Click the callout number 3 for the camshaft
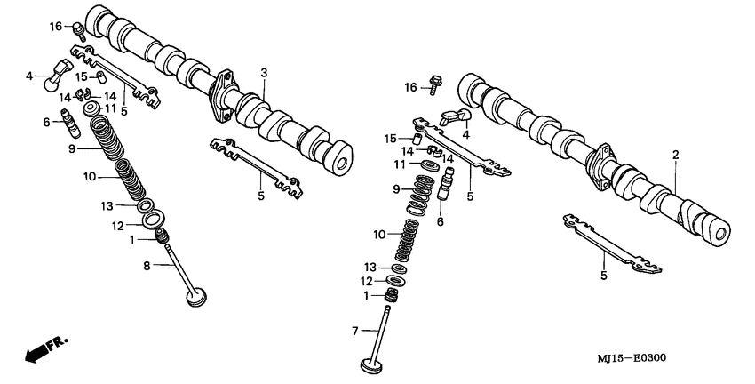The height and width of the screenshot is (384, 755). [264, 72]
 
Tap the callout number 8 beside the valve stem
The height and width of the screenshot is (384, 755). [147, 265]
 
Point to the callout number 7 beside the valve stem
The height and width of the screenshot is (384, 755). [354, 331]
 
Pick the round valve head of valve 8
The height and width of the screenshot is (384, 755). [197, 296]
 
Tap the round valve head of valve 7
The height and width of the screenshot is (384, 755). [370, 364]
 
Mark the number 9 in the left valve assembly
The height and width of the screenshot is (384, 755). [72, 149]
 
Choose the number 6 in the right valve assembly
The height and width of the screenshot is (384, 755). [439, 221]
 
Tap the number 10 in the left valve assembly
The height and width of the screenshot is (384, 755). [88, 177]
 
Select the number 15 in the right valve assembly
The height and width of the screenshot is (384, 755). [390, 139]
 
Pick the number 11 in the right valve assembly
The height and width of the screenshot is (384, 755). [401, 165]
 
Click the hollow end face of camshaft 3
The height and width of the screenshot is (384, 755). [338, 160]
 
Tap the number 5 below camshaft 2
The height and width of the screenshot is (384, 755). [604, 276]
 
